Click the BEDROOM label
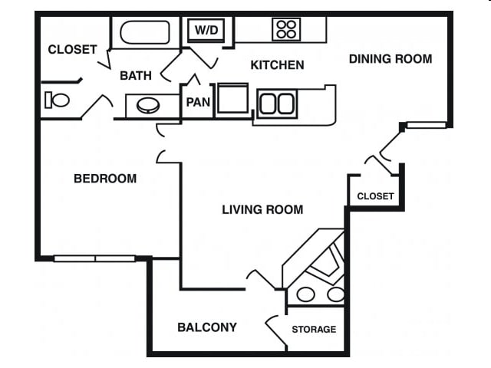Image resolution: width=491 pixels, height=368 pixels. pyautogui.click(x=105, y=179)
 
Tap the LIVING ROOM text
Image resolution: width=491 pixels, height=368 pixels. pyautogui.click(x=262, y=209)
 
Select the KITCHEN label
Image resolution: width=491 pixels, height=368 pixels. pyautogui.click(x=277, y=65)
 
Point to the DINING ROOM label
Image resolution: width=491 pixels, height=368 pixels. pyautogui.click(x=390, y=58)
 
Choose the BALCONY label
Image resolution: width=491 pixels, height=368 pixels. pyautogui.click(x=207, y=327)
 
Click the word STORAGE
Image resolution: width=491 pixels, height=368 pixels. pyautogui.click(x=314, y=329)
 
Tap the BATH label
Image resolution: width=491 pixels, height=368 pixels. pyautogui.click(x=135, y=75)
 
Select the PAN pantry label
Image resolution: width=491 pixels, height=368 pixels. pyautogui.click(x=198, y=102)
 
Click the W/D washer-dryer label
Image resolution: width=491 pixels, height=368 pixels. pyautogui.click(x=206, y=31)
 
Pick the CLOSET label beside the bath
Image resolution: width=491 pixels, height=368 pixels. pyautogui.click(x=72, y=50)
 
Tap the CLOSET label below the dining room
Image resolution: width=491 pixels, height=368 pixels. pyautogui.click(x=375, y=196)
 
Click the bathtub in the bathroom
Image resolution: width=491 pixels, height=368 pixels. pyautogui.click(x=145, y=33)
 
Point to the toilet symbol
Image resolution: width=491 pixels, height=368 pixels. pyautogui.click(x=57, y=100)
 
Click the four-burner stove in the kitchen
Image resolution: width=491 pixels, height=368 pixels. pyautogui.click(x=286, y=30)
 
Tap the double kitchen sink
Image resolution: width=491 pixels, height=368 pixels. pyautogui.click(x=277, y=103)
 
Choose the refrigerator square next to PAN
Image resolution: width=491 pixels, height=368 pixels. pyautogui.click(x=232, y=99)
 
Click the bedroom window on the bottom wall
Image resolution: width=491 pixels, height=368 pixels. pyautogui.click(x=94, y=258)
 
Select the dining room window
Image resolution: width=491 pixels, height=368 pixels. pyautogui.click(x=426, y=125)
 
